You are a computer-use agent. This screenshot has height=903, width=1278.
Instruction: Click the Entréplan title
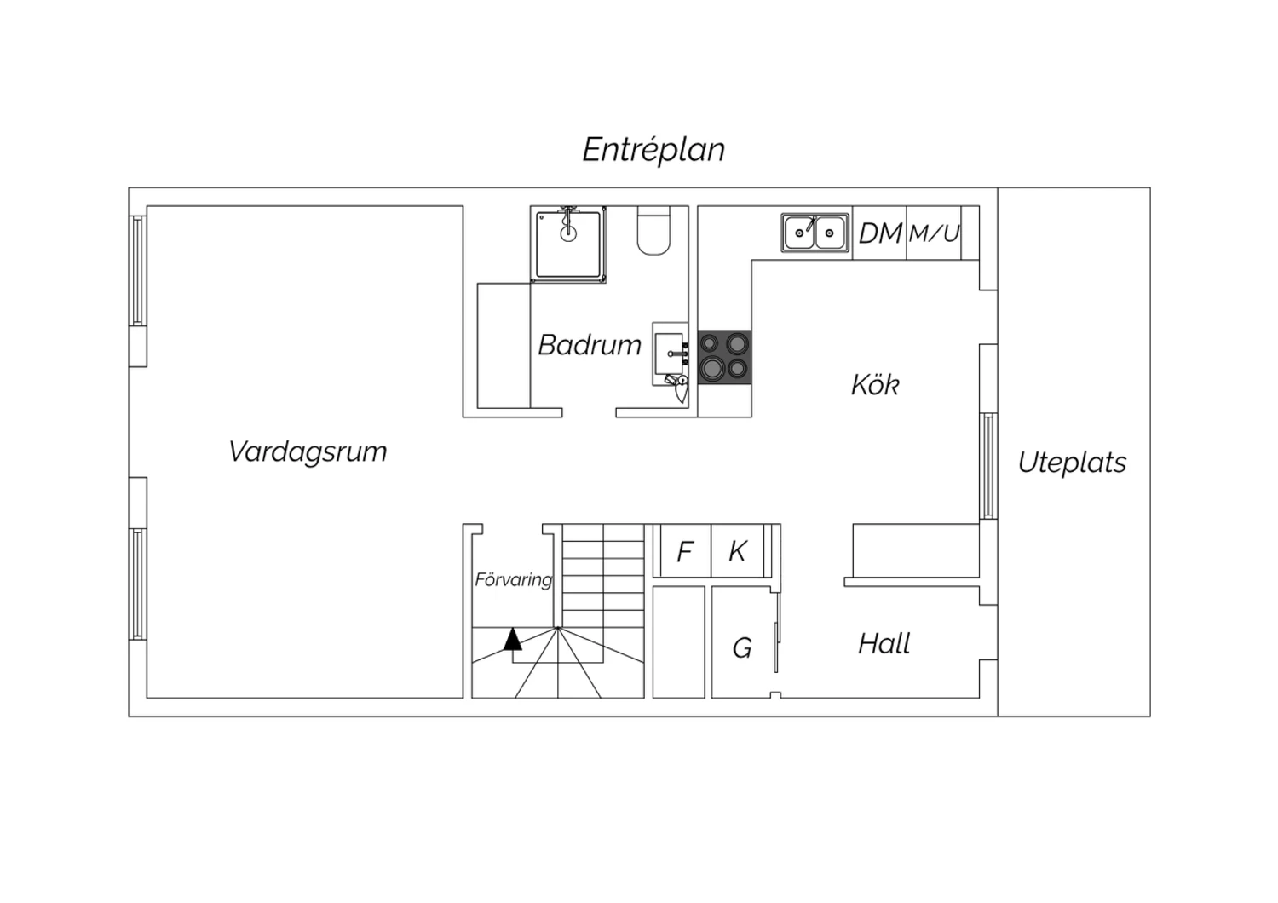[653, 150]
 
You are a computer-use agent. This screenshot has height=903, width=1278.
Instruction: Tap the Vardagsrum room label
[308, 451]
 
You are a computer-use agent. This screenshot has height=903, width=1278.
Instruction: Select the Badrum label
[590, 345]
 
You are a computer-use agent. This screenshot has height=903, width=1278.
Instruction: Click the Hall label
[884, 643]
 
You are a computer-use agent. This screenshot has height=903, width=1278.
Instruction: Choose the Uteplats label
[1072, 463]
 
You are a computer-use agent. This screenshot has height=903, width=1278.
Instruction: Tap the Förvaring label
[514, 580]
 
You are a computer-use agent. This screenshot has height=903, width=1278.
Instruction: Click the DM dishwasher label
[880, 233]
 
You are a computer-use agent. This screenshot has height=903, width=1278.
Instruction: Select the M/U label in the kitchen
[934, 233]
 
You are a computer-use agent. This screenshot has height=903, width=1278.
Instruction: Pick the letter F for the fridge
[685, 552]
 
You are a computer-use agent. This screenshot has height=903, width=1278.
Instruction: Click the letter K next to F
[738, 551]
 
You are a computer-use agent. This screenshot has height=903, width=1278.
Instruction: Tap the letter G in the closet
[742, 648]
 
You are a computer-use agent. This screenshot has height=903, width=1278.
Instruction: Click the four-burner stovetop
[724, 357]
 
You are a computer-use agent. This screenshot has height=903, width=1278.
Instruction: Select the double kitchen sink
[815, 233]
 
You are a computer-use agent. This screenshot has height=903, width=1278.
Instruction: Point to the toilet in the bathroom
[653, 231]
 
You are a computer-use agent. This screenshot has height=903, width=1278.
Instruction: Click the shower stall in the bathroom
[568, 244]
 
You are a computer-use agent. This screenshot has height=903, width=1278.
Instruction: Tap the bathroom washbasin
[670, 354]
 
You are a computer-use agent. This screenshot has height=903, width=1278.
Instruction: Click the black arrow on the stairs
[512, 639]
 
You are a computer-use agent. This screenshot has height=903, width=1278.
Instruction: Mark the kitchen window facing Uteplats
[988, 466]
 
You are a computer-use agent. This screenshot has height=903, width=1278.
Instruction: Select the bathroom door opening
[590, 412]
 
